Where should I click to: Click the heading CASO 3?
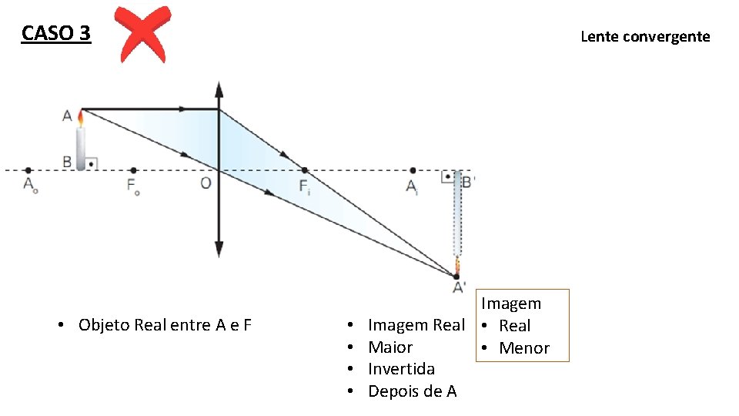click(56, 34)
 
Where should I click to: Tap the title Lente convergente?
click(645, 36)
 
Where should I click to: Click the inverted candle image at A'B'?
click(457, 220)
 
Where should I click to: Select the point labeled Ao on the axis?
click(28, 170)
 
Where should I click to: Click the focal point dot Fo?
click(133, 170)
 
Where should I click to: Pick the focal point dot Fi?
click(304, 170)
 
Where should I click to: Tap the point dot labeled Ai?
click(413, 170)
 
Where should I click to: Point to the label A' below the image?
click(459, 287)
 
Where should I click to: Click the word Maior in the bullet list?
click(390, 347)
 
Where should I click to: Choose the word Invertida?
click(401, 369)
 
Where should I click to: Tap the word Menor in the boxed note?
click(524, 348)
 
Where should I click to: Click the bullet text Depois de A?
click(412, 391)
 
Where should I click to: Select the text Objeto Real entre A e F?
click(165, 325)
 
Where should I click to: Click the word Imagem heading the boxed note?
click(511, 304)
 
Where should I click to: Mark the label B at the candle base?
click(68, 162)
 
